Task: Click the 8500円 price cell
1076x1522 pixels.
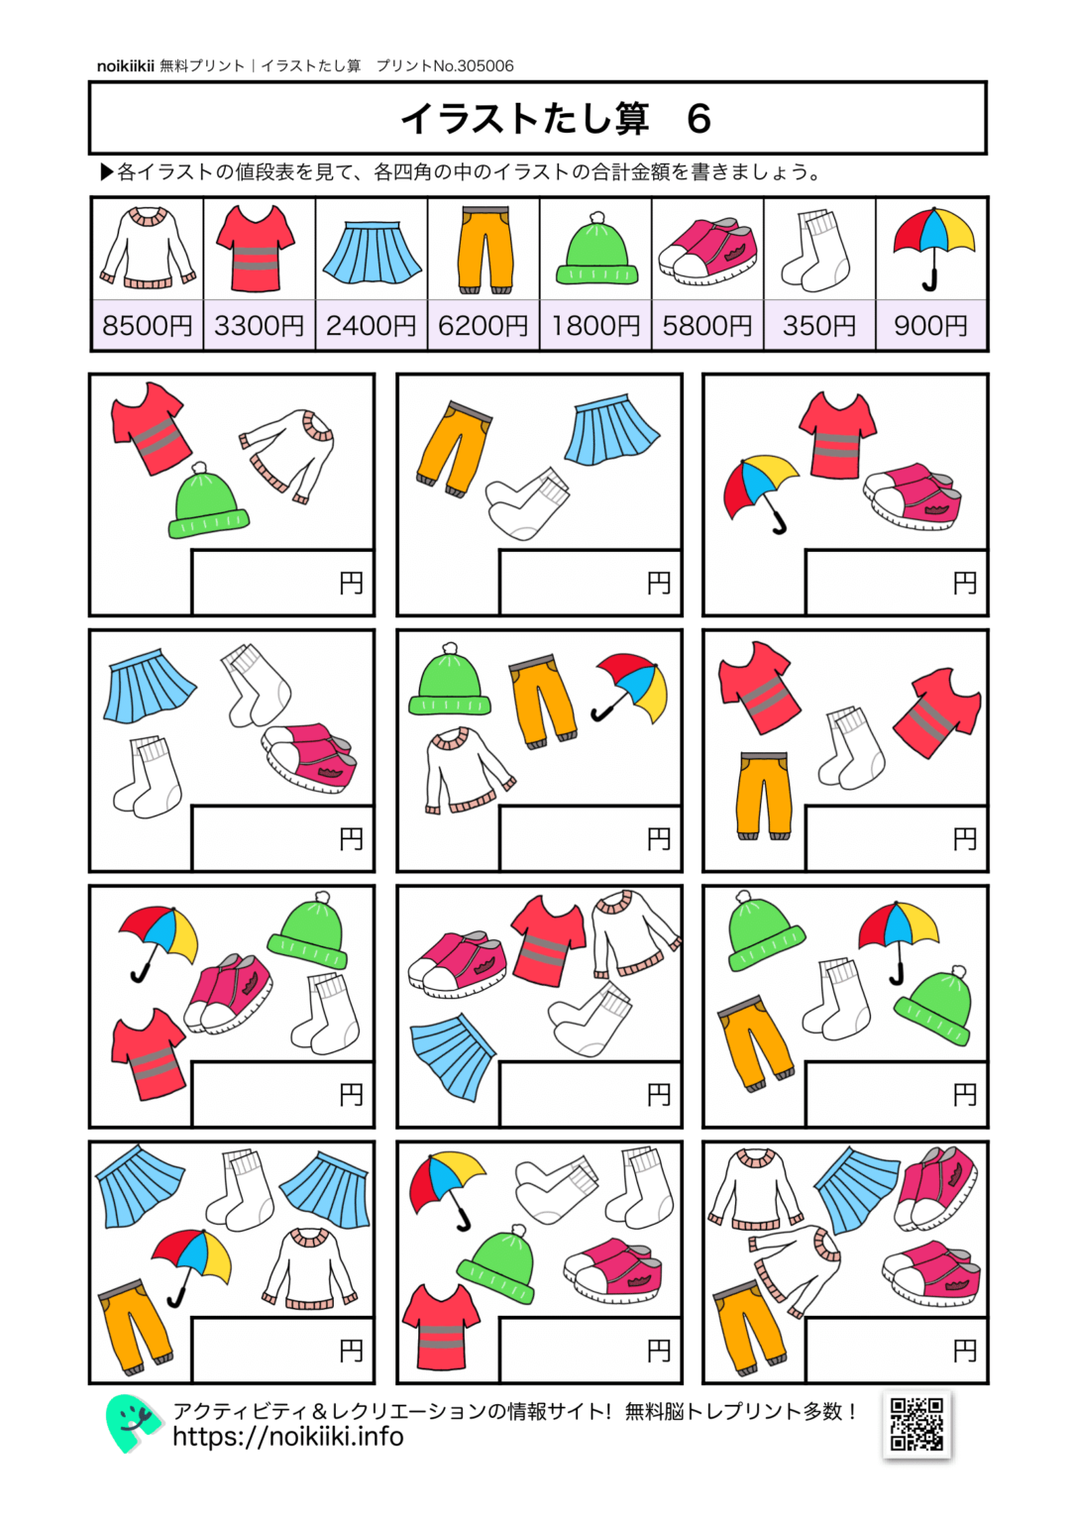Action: point(148,325)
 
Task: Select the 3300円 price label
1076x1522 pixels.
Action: point(260,325)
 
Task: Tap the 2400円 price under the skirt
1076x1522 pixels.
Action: point(372,325)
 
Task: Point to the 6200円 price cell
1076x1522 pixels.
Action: point(484,325)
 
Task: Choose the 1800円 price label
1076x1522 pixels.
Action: point(595,325)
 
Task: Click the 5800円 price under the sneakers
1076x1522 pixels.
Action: point(707,325)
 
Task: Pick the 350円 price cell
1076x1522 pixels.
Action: point(819,325)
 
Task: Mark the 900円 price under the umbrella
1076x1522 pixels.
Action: point(931,325)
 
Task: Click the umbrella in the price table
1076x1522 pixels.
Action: point(932,248)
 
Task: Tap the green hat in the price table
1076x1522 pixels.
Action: point(596,251)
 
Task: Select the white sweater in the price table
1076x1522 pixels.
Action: point(148,249)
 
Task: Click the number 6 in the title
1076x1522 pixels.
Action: point(699,119)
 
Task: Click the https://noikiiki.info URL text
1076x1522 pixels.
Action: point(287,1437)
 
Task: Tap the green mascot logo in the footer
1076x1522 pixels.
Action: point(132,1423)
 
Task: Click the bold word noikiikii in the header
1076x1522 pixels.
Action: point(125,66)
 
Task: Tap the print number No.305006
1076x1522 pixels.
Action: point(474,66)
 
